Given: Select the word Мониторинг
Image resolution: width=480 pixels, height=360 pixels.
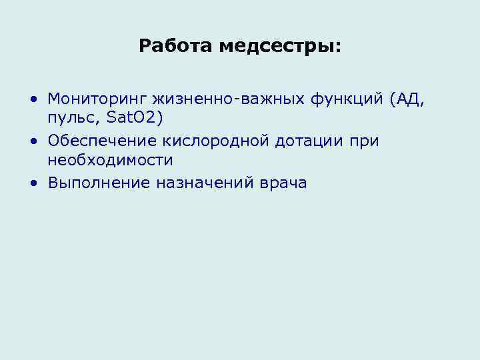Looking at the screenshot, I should [97, 100].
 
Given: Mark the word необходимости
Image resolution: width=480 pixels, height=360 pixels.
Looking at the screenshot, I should [110, 161].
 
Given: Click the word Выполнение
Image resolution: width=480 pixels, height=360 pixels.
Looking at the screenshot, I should [99, 183].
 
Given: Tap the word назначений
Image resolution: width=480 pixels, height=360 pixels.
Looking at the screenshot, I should [203, 183].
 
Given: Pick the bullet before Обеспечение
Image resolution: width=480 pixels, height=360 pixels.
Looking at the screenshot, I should [33, 142].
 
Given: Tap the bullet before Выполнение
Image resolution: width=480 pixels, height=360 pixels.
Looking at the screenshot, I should [33, 183].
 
